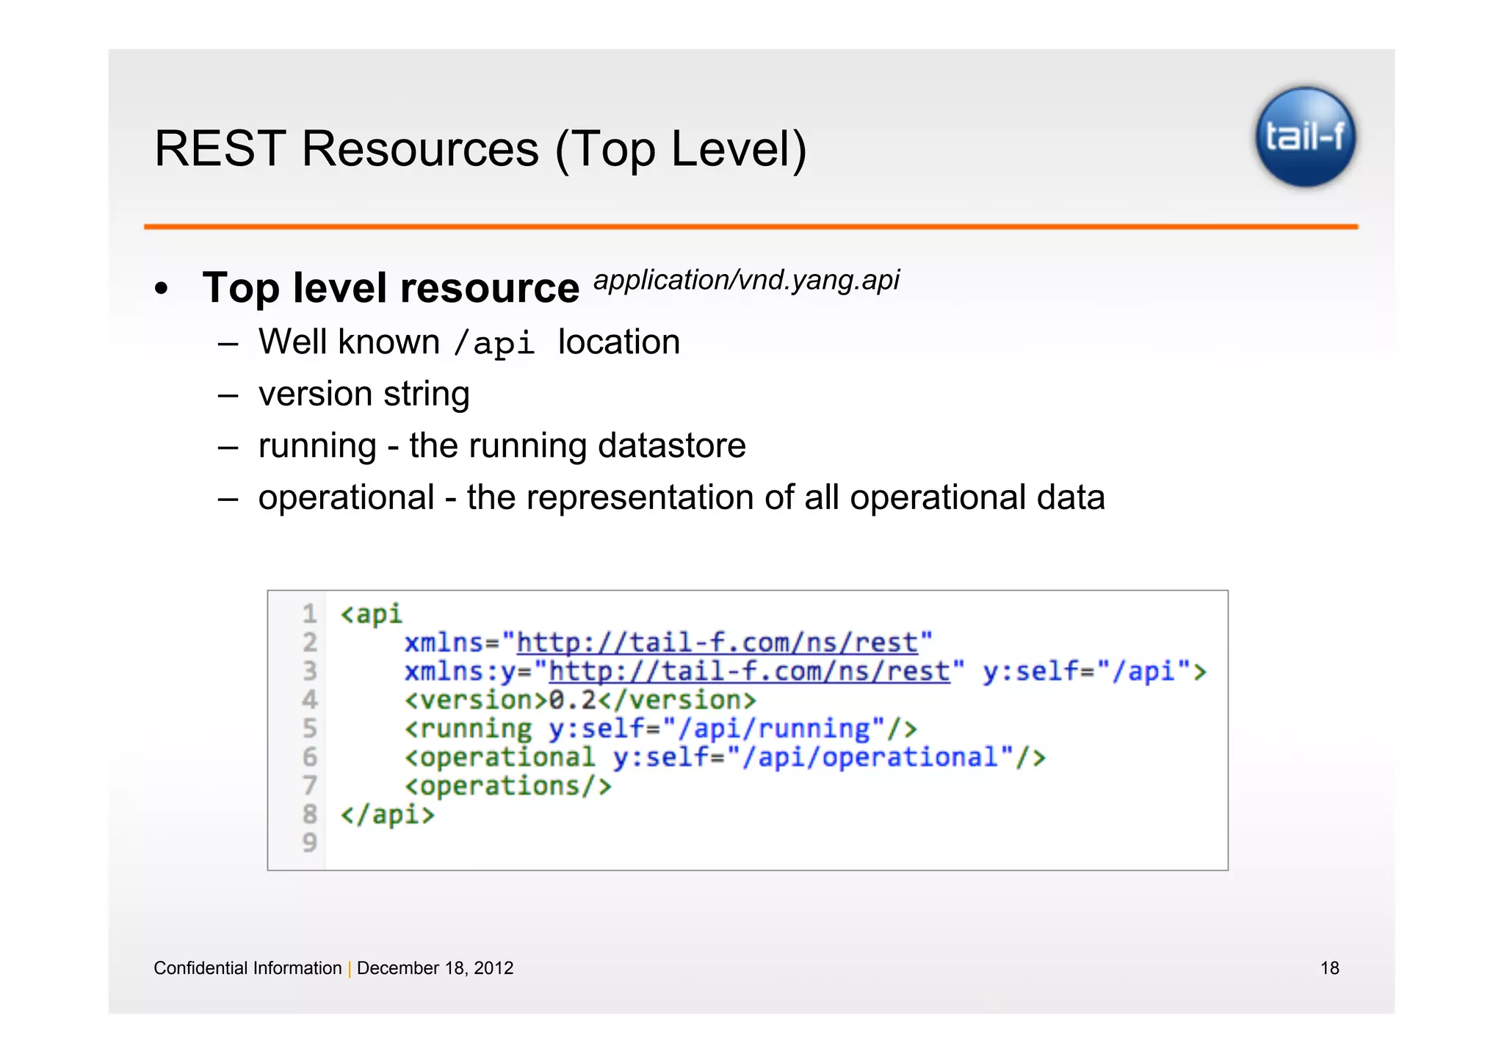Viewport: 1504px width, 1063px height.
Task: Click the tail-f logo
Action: (1305, 137)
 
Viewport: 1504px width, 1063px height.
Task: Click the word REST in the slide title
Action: (220, 149)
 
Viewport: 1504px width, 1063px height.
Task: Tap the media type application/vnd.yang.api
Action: (746, 280)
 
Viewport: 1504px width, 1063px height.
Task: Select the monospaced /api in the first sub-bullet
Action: (494, 344)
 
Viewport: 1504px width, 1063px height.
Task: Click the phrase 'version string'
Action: (364, 394)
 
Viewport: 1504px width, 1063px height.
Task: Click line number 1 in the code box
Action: (309, 613)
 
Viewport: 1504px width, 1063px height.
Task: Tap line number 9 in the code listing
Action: (309, 842)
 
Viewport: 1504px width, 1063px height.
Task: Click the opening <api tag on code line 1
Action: (372, 613)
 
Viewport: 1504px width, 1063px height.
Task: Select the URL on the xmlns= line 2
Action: (717, 643)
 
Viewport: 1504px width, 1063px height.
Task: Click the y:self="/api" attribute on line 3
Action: (1094, 671)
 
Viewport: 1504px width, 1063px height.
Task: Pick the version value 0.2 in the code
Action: (573, 700)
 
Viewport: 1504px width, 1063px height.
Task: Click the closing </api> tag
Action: (388, 815)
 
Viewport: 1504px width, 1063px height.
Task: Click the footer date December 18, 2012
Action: (435, 968)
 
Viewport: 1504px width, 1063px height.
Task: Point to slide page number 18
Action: (1329, 968)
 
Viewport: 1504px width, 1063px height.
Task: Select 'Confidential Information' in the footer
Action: (247, 968)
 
